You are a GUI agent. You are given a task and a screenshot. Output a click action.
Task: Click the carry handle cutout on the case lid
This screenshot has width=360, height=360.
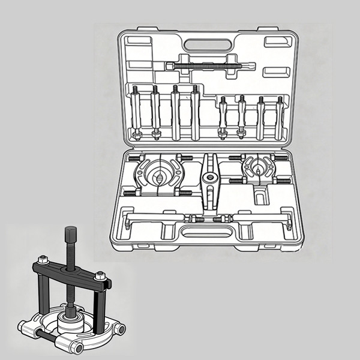pos(203,44)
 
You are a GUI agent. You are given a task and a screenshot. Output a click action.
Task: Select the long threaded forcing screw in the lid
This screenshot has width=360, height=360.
pos(207,66)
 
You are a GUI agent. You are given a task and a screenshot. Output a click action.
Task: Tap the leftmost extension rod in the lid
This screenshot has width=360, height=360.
pos(135,113)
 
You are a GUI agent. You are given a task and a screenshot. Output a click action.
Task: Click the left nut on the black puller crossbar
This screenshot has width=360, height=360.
pos(43,261)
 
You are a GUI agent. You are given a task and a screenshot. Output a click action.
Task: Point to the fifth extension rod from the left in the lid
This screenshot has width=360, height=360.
pos(223,117)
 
